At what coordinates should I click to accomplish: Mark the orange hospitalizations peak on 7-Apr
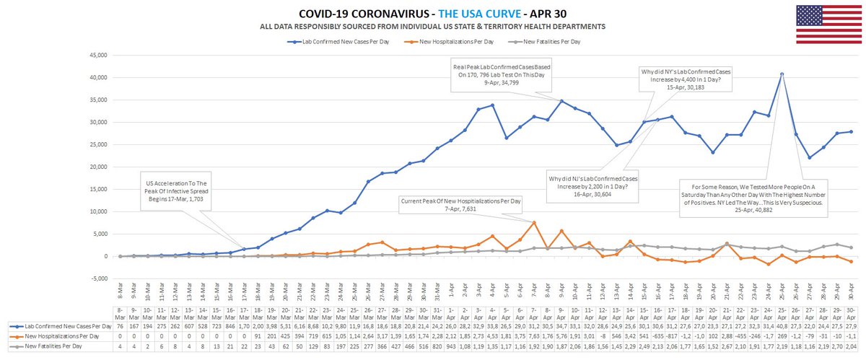tap(533, 222)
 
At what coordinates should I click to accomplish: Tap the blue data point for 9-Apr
tap(561, 100)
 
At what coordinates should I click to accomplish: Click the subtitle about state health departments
tap(432, 27)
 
